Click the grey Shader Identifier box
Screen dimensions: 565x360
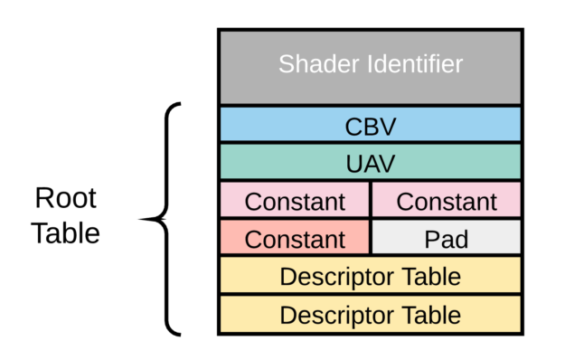(x=371, y=68)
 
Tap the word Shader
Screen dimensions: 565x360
(x=319, y=64)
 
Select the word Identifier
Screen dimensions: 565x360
(x=415, y=64)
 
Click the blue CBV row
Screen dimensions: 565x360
(x=371, y=124)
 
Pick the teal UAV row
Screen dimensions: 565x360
(x=371, y=161)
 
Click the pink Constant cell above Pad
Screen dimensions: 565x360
(x=447, y=199)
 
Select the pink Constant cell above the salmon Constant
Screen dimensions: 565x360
(x=295, y=199)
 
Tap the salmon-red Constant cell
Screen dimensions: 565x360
(x=295, y=237)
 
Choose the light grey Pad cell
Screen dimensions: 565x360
(x=447, y=237)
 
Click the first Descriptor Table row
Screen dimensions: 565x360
(x=371, y=275)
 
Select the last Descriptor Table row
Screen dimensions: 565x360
(x=371, y=314)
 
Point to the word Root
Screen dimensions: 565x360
(x=66, y=198)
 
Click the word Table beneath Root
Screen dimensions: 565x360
(x=65, y=232)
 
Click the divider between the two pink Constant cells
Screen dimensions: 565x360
(x=371, y=199)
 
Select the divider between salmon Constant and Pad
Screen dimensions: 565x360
(x=371, y=237)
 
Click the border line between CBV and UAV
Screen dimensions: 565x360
(x=371, y=143)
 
